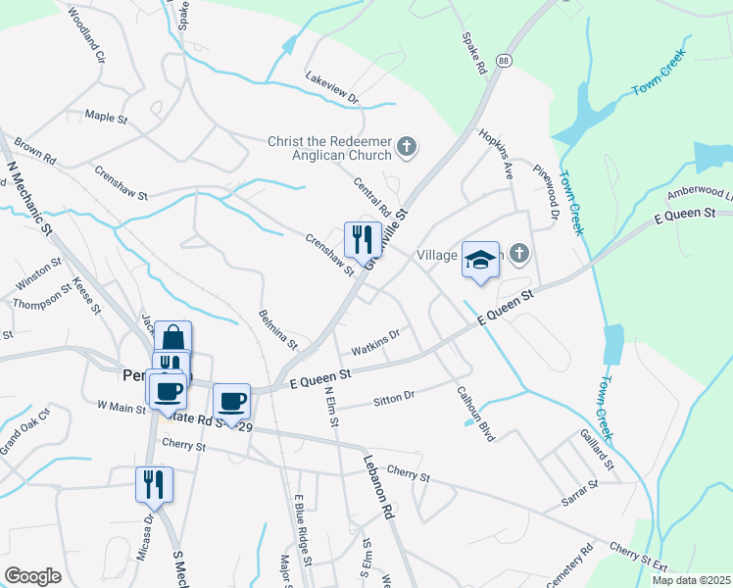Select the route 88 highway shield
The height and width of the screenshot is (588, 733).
pyautogui.click(x=504, y=61)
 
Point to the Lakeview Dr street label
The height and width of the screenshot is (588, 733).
pyautogui.click(x=332, y=88)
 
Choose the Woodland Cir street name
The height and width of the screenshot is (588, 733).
pyautogui.click(x=85, y=37)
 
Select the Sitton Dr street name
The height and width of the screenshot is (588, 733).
pyautogui.click(x=394, y=399)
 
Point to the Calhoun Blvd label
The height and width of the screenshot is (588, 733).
pyautogui.click(x=476, y=413)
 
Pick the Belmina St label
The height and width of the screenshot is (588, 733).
pyautogui.click(x=277, y=329)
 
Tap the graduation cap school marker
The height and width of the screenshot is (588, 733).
pyautogui.click(x=480, y=260)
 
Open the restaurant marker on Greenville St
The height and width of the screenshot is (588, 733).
pyautogui.click(x=363, y=240)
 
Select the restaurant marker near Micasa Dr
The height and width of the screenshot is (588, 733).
pyautogui.click(x=155, y=485)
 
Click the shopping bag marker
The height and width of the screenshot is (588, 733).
pyautogui.click(x=172, y=339)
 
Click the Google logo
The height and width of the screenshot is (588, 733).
pyautogui.click(x=32, y=576)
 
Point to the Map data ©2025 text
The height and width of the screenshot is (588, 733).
pyautogui.click(x=690, y=580)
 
